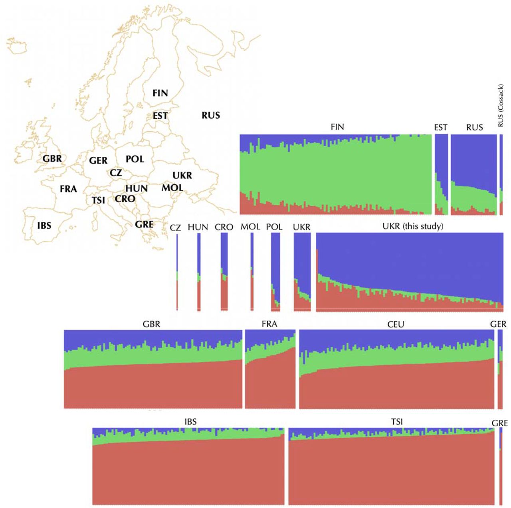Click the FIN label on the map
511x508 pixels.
pos(160,93)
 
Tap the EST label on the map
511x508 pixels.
pos(160,116)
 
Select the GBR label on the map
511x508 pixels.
pos(52,159)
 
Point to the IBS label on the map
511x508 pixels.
pos(44,225)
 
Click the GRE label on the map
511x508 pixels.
pos(144,224)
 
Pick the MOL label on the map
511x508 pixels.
pos(172,188)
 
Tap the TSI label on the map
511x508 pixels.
pos(98,200)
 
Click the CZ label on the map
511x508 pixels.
pos(116,173)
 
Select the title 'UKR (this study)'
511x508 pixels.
pos(413,226)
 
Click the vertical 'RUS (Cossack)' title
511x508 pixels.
pos(501,105)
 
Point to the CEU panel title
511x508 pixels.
pos(396,324)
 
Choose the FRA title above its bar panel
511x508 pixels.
pos(269,324)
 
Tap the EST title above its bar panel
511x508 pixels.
pos(441,127)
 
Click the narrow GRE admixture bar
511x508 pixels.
pos(501,466)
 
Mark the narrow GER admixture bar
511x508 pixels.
pos(500,369)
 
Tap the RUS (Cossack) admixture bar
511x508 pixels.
pos(501,175)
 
